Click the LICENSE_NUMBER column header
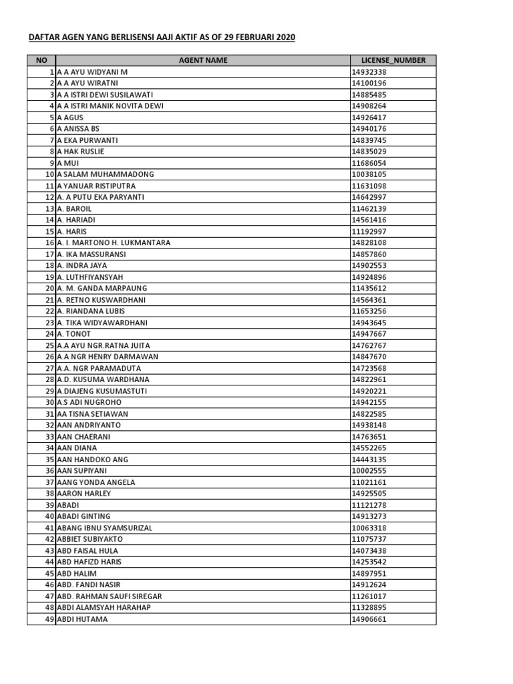pyautogui.click(x=393, y=60)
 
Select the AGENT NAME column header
pyautogui.click(x=203, y=60)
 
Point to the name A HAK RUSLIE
pyautogui.click(x=81, y=152)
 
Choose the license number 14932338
pyautogui.click(x=369, y=71)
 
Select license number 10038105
pyautogui.click(x=369, y=174)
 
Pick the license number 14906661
pyautogui.click(x=369, y=619)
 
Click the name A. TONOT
pyautogui.click(x=73, y=334)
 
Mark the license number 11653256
pyautogui.click(x=369, y=311)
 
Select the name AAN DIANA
pyautogui.click(x=77, y=448)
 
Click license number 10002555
pyautogui.click(x=369, y=471)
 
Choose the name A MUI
pyautogui.click(x=69, y=163)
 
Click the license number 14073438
pyautogui.click(x=369, y=551)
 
